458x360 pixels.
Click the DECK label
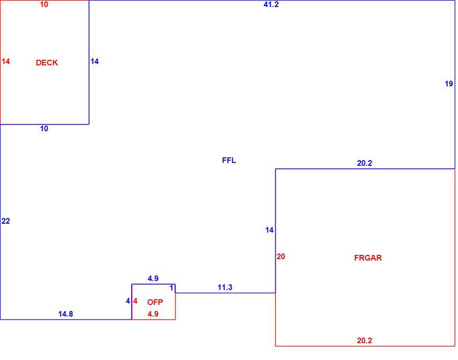(47, 63)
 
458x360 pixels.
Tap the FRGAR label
(368, 258)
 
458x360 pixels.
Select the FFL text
(229, 161)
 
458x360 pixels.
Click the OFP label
(155, 302)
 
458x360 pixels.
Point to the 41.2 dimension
(271, 4)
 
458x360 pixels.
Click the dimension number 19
(449, 84)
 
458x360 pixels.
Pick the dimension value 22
(6, 221)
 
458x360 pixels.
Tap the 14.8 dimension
(65, 314)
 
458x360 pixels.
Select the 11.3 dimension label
(225, 287)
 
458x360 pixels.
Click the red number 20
(281, 256)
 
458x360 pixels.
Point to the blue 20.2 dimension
(365, 163)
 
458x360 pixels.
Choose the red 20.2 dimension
(365, 340)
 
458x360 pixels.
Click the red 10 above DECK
(44, 4)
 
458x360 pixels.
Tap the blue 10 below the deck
(44, 129)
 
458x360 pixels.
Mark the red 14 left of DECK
(6, 61)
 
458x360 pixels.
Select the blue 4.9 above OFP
(153, 278)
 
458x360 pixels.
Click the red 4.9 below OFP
(153, 314)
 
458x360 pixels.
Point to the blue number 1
(172, 288)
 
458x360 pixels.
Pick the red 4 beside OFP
(135, 301)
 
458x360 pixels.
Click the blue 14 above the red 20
(269, 230)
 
